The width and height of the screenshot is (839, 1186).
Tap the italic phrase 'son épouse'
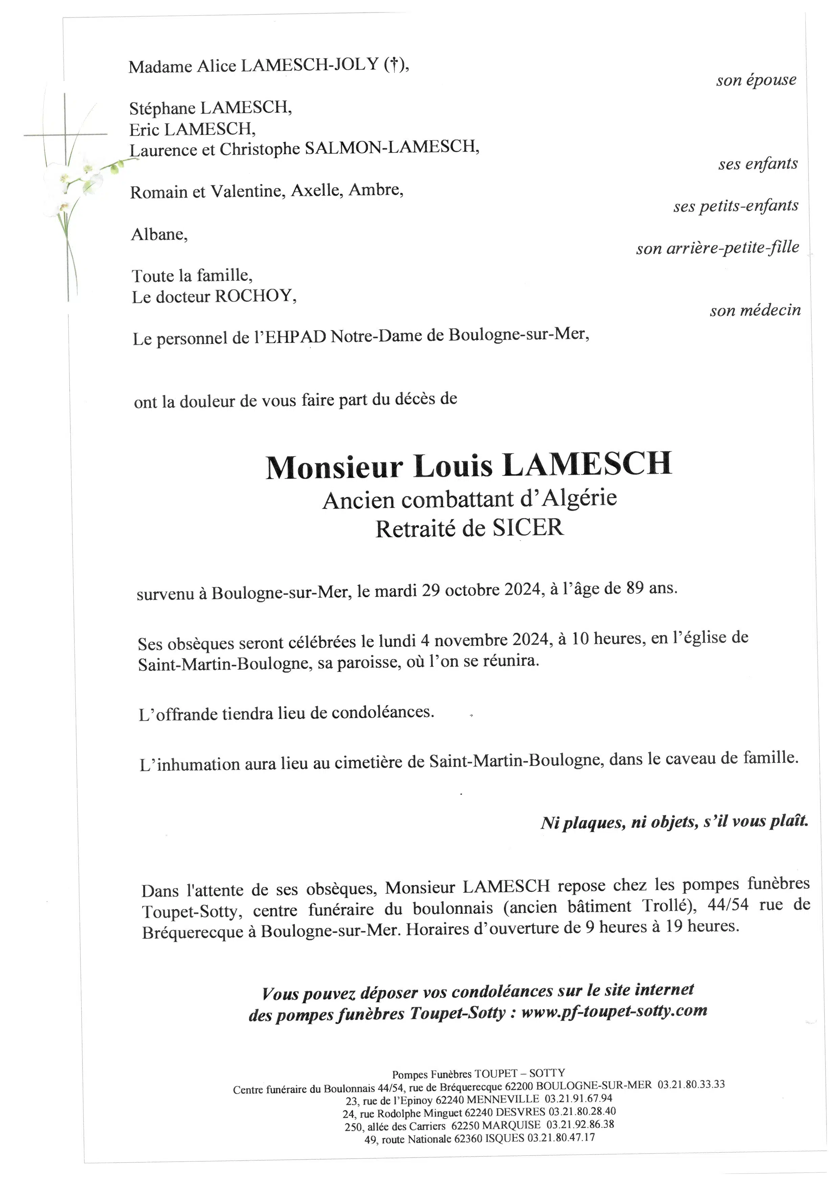click(756, 80)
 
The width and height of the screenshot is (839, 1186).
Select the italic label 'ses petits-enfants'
click(736, 206)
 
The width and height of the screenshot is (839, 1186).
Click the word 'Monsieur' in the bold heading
click(334, 467)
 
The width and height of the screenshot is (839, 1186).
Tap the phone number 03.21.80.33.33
click(691, 1084)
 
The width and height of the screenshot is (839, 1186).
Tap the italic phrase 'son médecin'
click(755, 310)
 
